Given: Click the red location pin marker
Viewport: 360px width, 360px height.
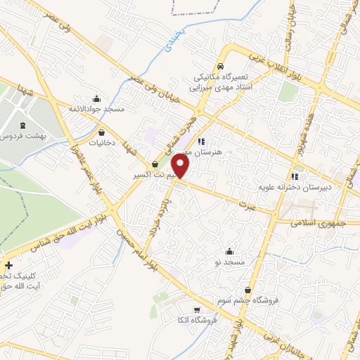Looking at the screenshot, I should (181, 166).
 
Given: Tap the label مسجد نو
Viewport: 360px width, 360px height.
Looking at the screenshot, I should (229, 262).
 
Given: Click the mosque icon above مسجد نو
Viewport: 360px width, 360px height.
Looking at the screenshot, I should (229, 251).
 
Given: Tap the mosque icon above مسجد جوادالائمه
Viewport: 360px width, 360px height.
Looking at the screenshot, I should (96, 98).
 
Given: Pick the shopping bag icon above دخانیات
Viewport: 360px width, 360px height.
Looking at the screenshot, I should (102, 131).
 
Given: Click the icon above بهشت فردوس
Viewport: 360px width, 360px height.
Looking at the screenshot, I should (22, 124).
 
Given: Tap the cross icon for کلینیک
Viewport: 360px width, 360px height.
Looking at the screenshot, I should (8, 265).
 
